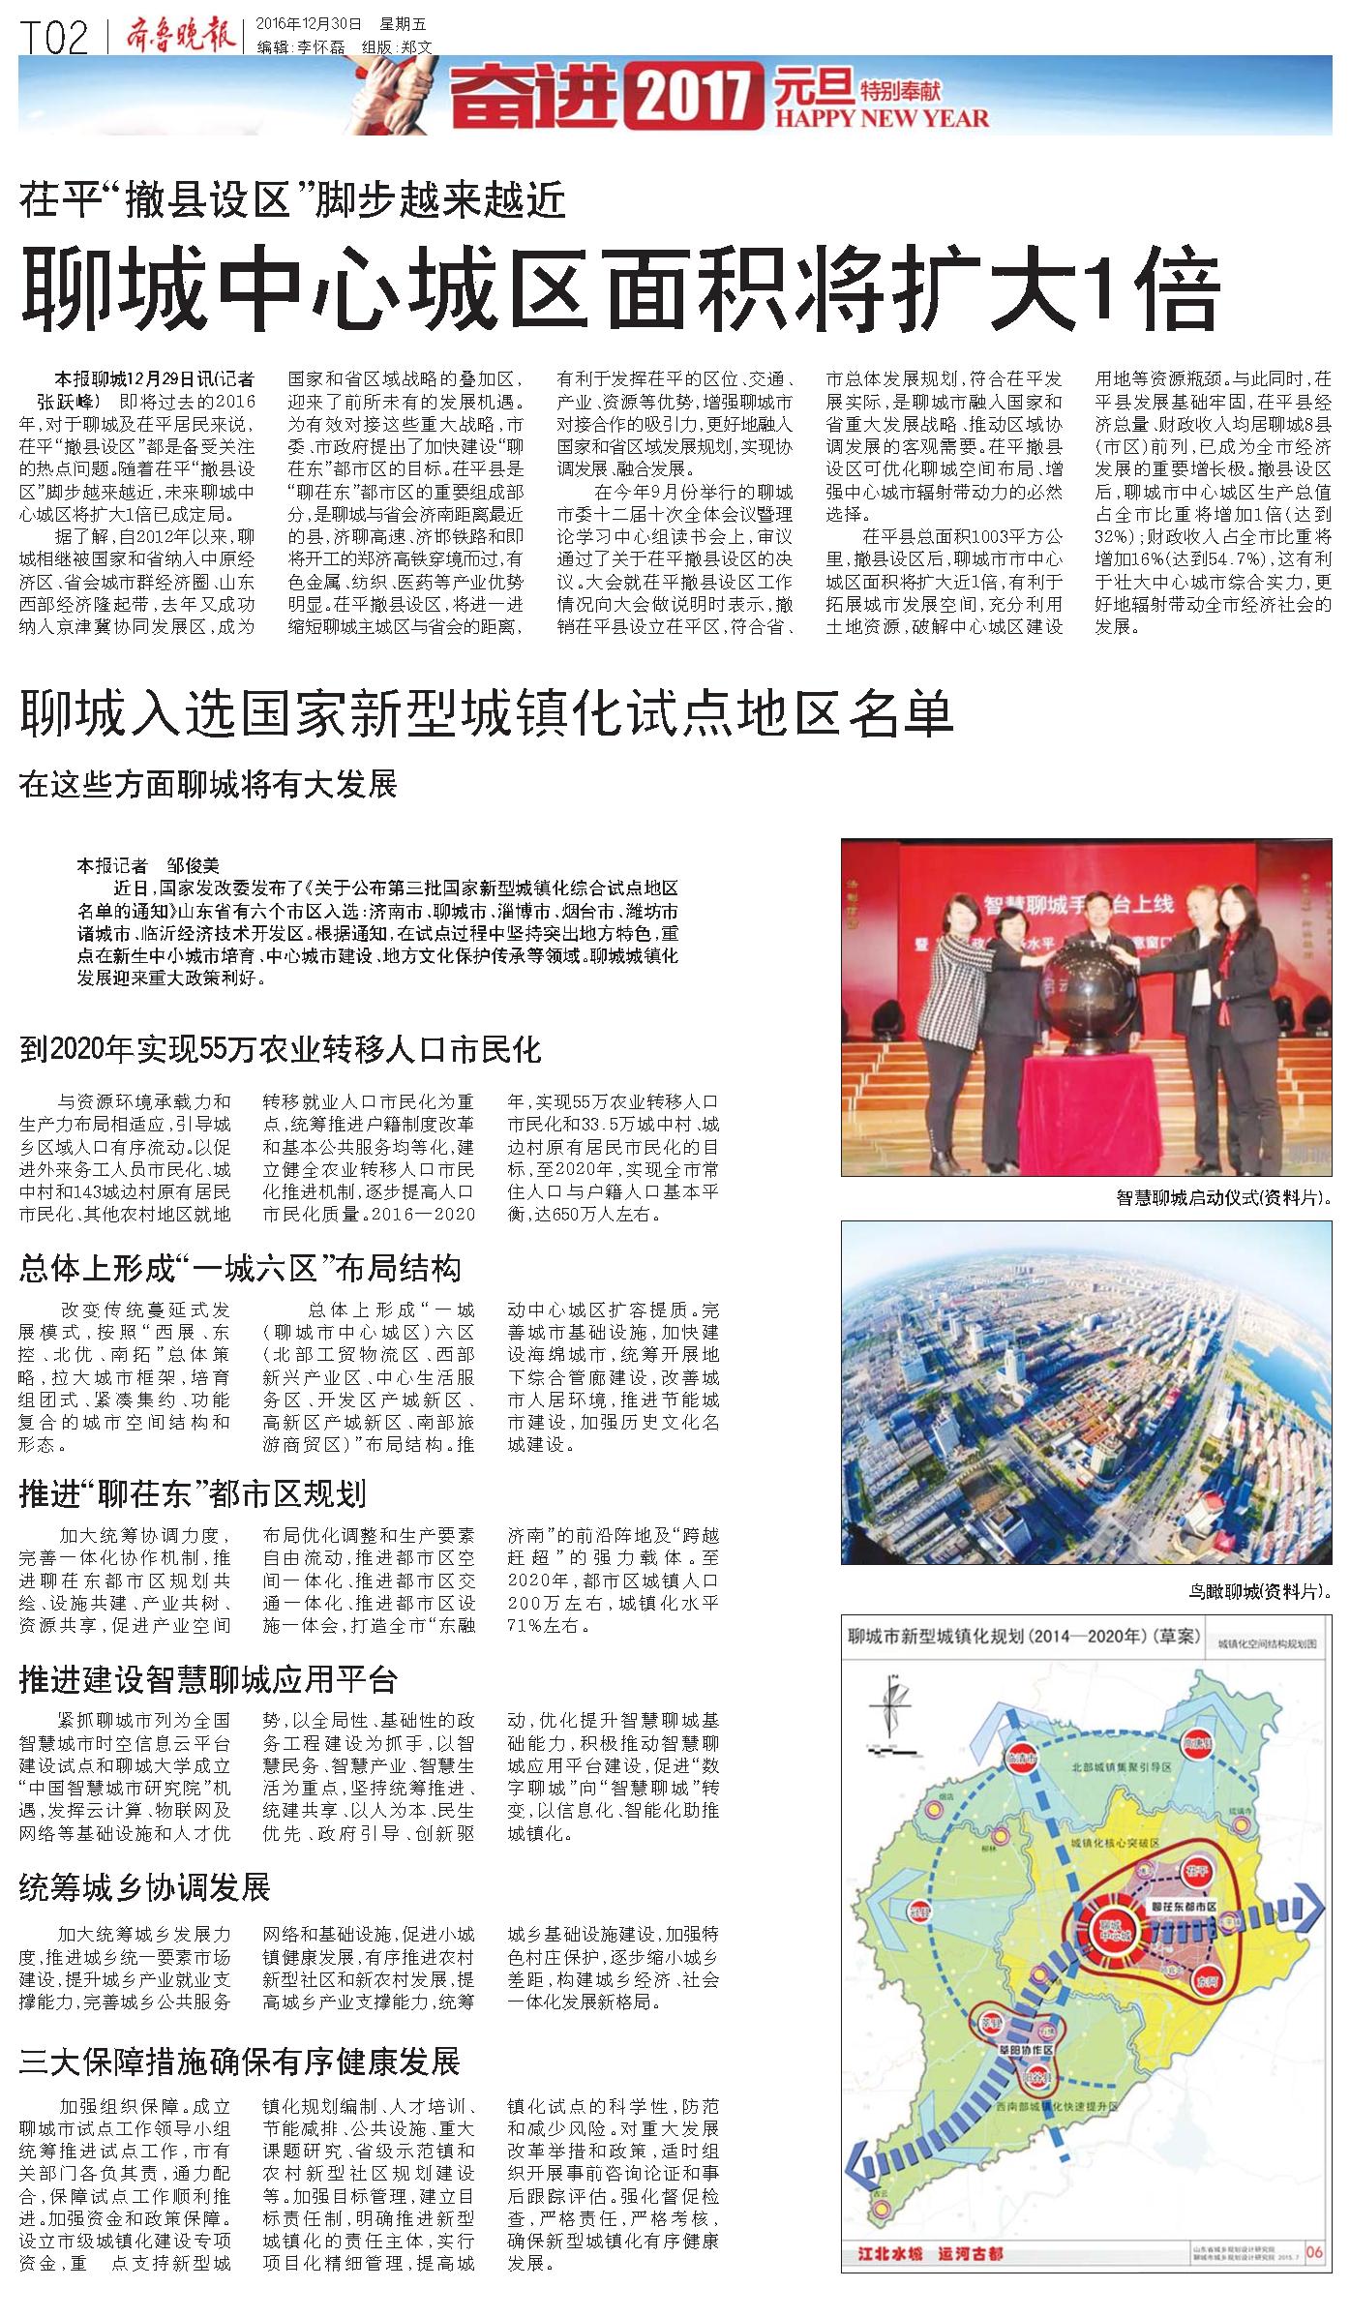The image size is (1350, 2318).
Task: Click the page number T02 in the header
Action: [54, 40]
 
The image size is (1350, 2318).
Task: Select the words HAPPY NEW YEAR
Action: [882, 119]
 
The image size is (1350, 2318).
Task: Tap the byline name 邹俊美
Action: [194, 866]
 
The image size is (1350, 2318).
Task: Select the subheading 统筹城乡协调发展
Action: [144, 1887]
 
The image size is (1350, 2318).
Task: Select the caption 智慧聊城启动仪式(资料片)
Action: [1224, 1197]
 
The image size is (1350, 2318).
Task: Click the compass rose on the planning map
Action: [891, 1724]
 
